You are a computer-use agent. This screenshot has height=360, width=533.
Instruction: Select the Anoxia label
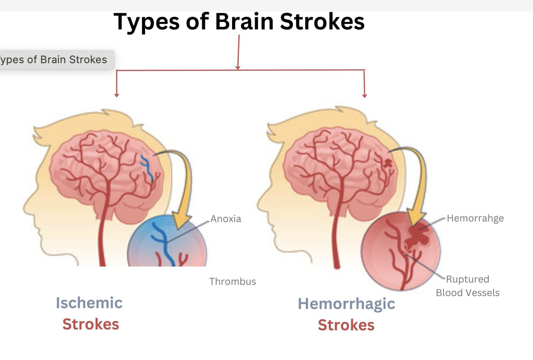[226, 219]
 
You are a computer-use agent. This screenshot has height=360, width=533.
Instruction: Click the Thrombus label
[233, 281]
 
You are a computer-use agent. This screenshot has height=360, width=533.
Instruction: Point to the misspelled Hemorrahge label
[475, 218]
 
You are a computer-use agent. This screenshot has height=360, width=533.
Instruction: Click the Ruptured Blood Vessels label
[467, 286]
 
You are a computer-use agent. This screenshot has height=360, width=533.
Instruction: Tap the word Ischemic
[89, 303]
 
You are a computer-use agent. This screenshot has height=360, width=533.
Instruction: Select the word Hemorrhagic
[346, 304]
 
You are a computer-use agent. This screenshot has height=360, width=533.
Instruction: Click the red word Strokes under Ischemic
[90, 324]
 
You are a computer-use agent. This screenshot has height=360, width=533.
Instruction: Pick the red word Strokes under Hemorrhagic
[346, 325]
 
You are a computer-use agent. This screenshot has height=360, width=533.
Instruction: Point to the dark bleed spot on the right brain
[387, 163]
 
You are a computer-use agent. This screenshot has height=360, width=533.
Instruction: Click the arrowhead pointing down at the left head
[116, 94]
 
